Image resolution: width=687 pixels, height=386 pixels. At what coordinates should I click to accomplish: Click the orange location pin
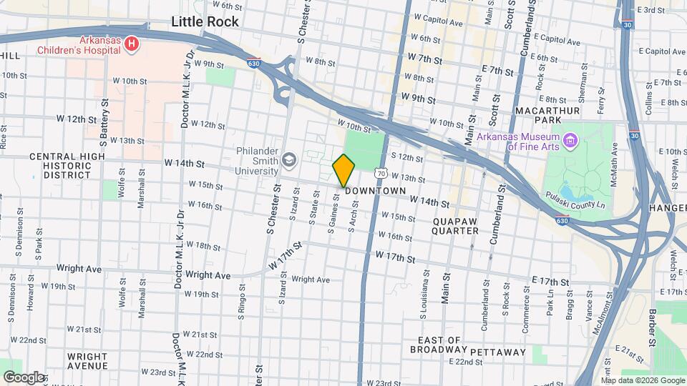point(344,170)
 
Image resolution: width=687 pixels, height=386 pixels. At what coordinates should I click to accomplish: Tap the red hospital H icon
point(131,44)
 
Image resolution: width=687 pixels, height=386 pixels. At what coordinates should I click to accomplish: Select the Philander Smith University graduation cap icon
point(289,159)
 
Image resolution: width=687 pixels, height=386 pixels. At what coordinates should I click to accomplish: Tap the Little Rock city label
point(205,22)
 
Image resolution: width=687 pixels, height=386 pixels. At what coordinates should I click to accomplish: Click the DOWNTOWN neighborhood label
point(375,192)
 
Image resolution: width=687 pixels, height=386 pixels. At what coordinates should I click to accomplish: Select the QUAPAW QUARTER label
point(455,226)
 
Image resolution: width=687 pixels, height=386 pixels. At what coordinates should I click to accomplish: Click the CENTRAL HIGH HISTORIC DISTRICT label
point(60,165)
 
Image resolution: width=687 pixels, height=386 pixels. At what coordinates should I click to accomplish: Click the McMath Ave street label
point(614,165)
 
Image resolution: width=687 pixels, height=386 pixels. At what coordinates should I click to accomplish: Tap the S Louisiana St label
point(424,293)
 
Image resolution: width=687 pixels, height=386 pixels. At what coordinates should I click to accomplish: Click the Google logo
point(24,377)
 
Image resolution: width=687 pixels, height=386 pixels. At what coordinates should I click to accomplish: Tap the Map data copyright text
point(642,380)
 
